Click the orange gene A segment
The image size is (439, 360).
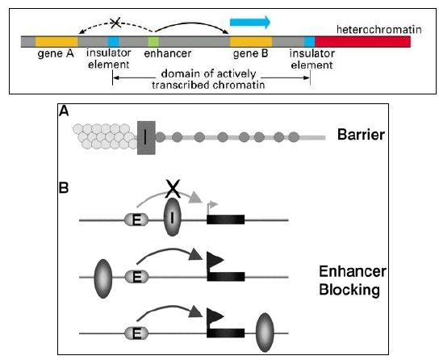click(x=56, y=41)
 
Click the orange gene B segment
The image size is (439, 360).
click(x=251, y=42)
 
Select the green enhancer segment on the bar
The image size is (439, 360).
click(x=153, y=42)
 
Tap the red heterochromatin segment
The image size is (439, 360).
click(x=363, y=42)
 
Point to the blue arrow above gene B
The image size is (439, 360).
click(x=250, y=22)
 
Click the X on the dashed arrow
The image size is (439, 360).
click(x=115, y=23)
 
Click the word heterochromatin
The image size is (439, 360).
click(x=378, y=29)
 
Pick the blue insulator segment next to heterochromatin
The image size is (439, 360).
click(x=310, y=42)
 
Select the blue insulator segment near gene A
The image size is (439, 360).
click(x=114, y=42)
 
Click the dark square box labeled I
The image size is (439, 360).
click(x=146, y=138)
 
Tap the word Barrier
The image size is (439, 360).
click(x=361, y=135)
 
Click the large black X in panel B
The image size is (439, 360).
click(x=174, y=189)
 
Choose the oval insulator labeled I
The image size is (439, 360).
click(x=172, y=217)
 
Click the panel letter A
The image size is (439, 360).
click(x=64, y=111)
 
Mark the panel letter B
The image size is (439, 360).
click(x=64, y=188)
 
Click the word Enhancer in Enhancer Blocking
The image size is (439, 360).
click(x=353, y=271)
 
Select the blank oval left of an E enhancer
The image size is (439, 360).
click(x=103, y=278)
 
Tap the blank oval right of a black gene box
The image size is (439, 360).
click(x=265, y=333)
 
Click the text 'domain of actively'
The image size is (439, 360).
click(x=208, y=74)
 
